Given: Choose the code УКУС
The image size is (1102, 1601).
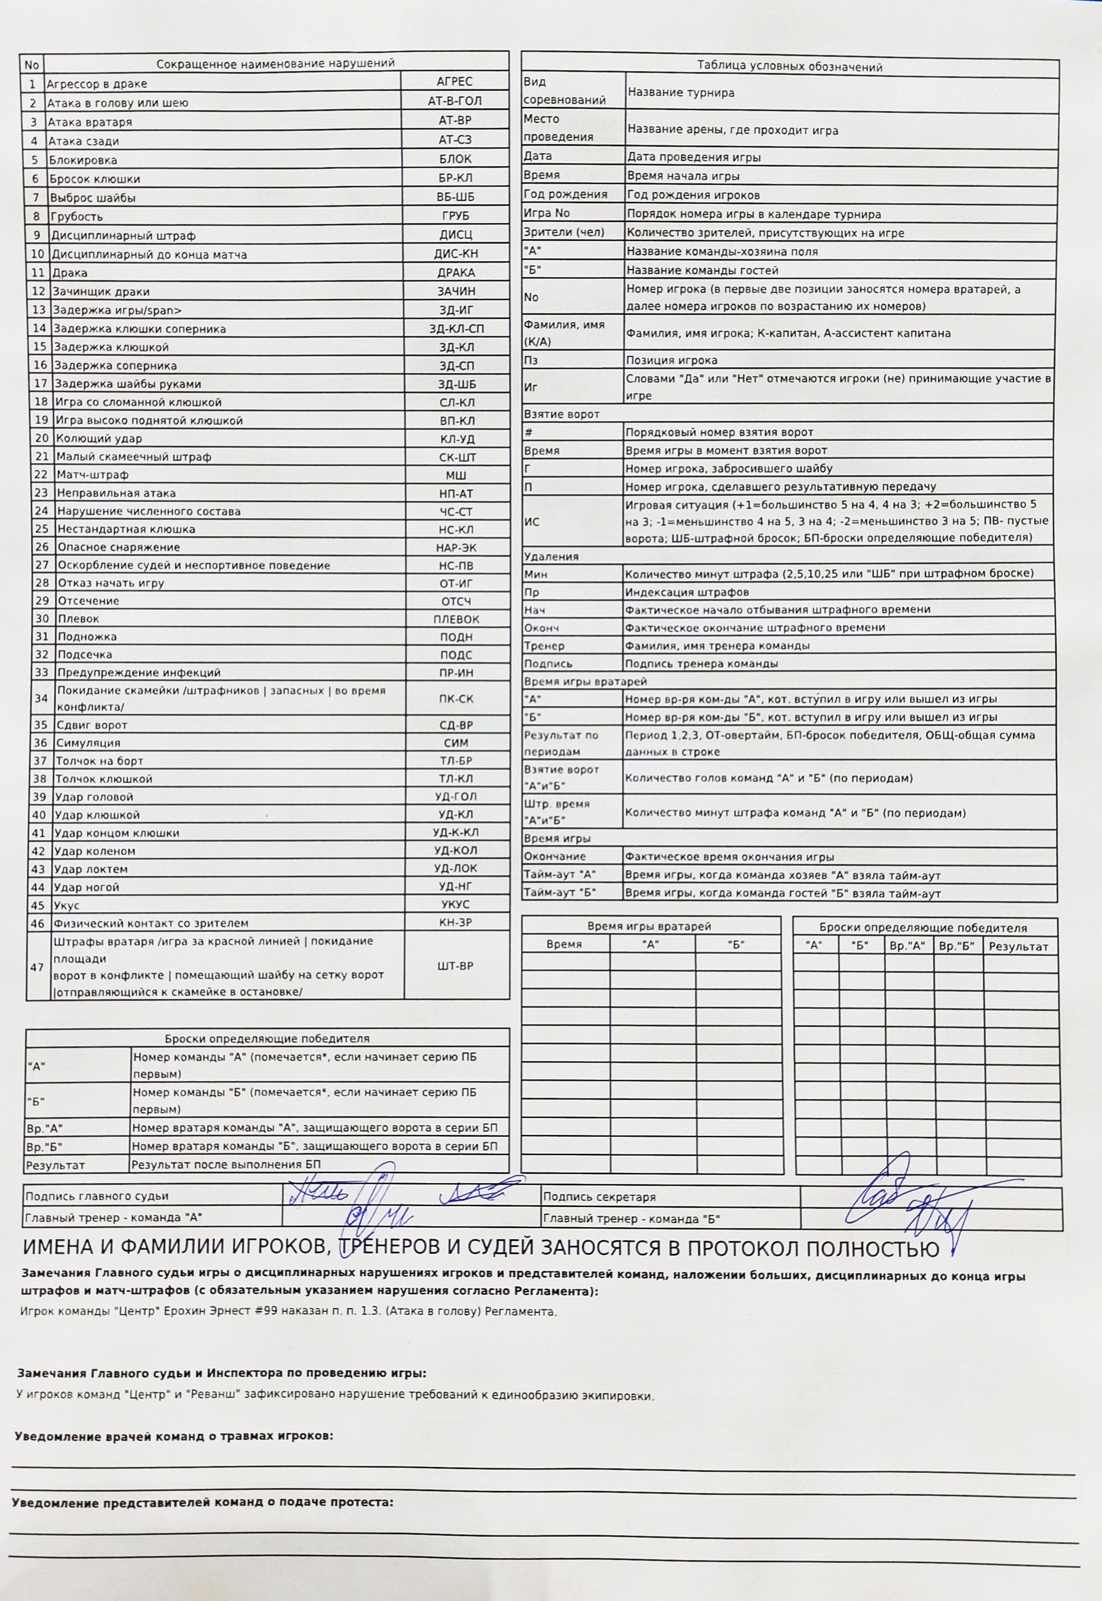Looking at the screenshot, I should pyautogui.click(x=455, y=904).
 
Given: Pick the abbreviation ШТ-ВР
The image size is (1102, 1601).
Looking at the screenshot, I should pyautogui.click(x=455, y=966).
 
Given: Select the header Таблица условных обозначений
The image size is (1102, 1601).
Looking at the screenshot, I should pyautogui.click(x=789, y=67).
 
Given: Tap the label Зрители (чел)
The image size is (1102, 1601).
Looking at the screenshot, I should pyautogui.click(x=563, y=233).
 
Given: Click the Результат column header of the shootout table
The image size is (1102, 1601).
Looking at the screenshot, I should pyautogui.click(x=1018, y=947).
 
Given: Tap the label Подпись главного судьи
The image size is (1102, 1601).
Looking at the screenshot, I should pyautogui.click(x=97, y=1197).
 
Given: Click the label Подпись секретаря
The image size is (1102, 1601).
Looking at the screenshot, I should pyautogui.click(x=599, y=1197).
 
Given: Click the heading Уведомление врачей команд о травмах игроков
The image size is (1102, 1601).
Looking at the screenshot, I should pyautogui.click(x=174, y=1437).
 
